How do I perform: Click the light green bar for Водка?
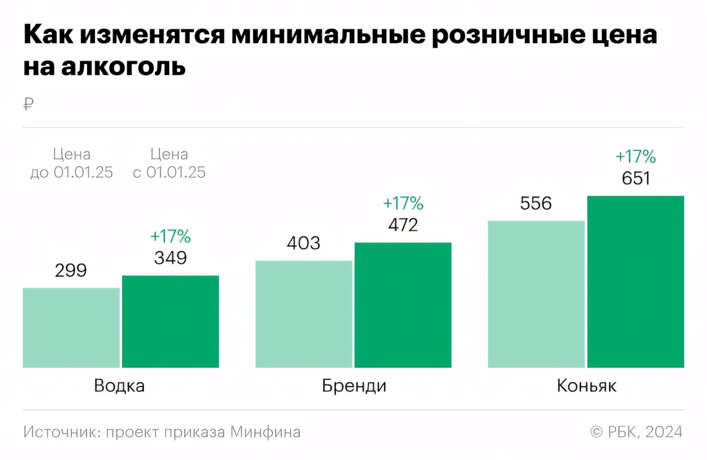pyautogui.click(x=71, y=328)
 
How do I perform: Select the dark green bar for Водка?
pyautogui.click(x=170, y=322)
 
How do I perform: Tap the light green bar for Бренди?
pyautogui.click(x=304, y=314)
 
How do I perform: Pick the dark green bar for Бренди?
pyautogui.click(x=403, y=305)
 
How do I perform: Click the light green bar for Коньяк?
pyautogui.click(x=537, y=294)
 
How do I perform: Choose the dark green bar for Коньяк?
pyautogui.click(x=636, y=282)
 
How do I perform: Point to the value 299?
pyautogui.click(x=71, y=271)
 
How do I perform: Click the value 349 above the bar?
pyautogui.click(x=170, y=258)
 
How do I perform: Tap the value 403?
pyautogui.click(x=303, y=243)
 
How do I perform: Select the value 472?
pyautogui.click(x=403, y=225)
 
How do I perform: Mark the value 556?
pyautogui.click(x=536, y=203)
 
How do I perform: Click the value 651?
pyautogui.click(x=636, y=178)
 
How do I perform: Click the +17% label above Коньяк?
pyautogui.click(x=636, y=157)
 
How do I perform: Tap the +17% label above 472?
pyautogui.click(x=403, y=203)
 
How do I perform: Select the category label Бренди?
pyautogui.click(x=354, y=386)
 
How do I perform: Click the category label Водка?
pyautogui.click(x=120, y=386)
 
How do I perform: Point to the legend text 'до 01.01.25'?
pyautogui.click(x=71, y=173)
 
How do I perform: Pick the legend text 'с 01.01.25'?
pyautogui.click(x=169, y=173)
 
